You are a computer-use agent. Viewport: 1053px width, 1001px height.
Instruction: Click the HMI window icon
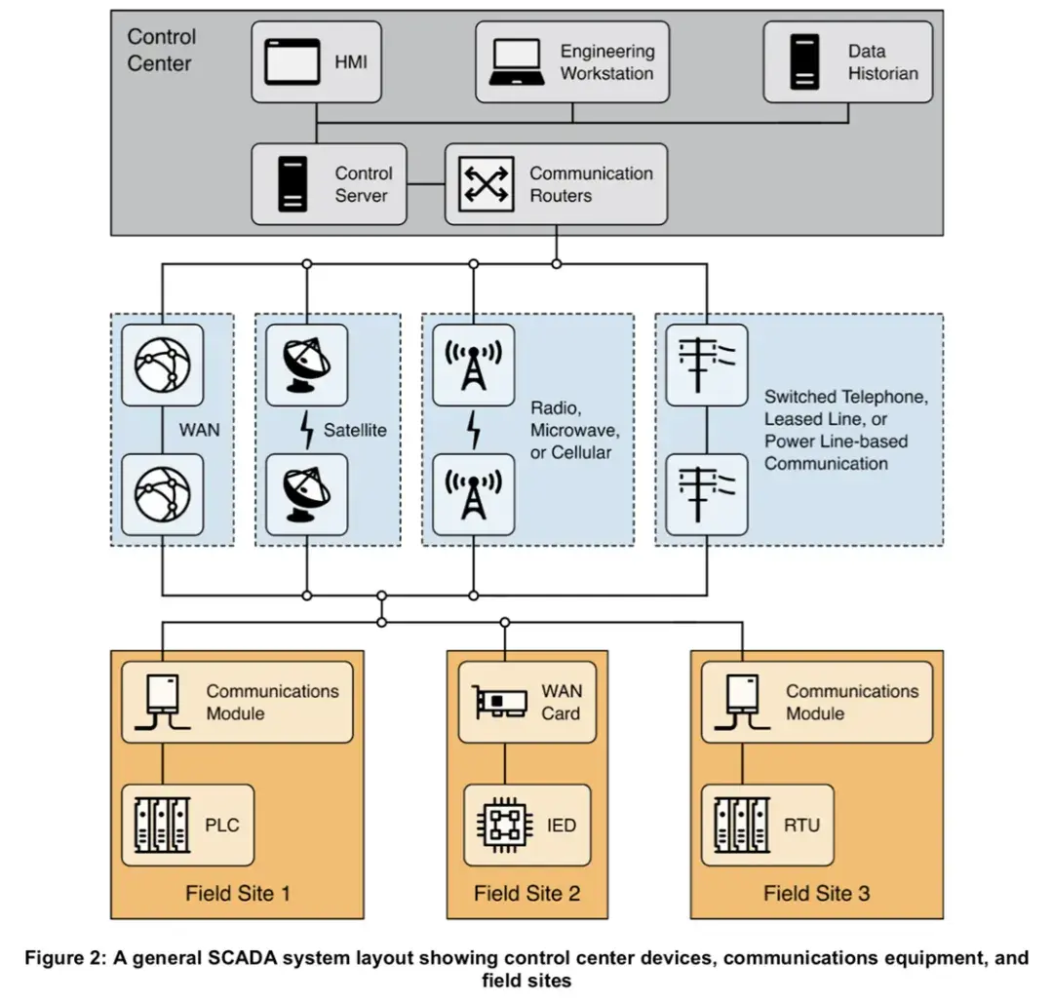coord(292,61)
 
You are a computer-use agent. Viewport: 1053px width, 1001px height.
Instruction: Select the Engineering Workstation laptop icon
coord(517,62)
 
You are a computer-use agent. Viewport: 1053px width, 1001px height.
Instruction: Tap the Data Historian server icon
coord(804,61)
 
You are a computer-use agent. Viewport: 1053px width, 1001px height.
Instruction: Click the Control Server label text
coord(363,184)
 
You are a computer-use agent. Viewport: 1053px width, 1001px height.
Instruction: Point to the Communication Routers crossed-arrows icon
coord(487,184)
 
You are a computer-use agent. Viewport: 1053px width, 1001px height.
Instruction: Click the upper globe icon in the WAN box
coord(163,366)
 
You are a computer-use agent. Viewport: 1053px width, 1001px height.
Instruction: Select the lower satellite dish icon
coord(306,495)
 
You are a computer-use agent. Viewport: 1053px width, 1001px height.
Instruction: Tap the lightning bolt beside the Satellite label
coord(307,430)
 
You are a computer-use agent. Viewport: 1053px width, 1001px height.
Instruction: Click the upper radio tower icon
coord(474,366)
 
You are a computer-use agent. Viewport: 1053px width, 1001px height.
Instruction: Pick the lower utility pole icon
coord(707,495)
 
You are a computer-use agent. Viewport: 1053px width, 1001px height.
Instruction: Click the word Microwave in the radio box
coord(574,430)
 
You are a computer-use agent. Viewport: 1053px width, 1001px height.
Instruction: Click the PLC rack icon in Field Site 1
coord(162,826)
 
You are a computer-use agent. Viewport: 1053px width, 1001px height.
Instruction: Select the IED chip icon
coord(505,826)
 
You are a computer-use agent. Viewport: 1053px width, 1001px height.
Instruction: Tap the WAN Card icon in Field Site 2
coord(499,702)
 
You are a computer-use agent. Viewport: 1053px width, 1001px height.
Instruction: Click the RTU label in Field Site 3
coord(801,826)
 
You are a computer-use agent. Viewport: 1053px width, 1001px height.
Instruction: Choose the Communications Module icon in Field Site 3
coord(742,702)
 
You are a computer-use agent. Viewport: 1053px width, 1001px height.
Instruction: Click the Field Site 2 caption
coord(527,894)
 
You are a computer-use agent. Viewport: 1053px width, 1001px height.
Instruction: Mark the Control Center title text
coord(161,51)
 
